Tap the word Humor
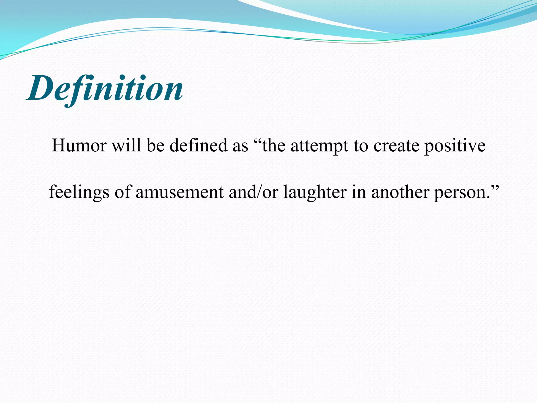[x=79, y=145]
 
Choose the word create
[x=396, y=146]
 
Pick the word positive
[x=455, y=146]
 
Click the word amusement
[x=180, y=192]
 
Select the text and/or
[x=253, y=192]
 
